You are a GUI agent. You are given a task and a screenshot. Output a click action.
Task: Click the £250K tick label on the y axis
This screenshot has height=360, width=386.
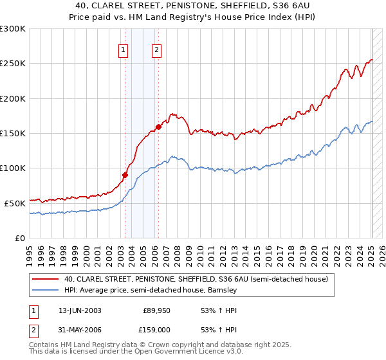(x=13, y=64)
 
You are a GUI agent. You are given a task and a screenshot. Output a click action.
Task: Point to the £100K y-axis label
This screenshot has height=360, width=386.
(x=13, y=168)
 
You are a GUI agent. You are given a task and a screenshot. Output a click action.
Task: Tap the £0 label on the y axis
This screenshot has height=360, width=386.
(x=20, y=238)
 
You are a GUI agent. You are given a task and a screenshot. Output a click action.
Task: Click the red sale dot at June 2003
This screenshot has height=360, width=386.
(x=125, y=174)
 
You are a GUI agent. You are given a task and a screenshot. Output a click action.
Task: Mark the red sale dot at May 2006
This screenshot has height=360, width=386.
(x=159, y=127)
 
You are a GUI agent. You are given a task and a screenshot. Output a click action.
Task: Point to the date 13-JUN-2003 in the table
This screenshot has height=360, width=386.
(x=80, y=310)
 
